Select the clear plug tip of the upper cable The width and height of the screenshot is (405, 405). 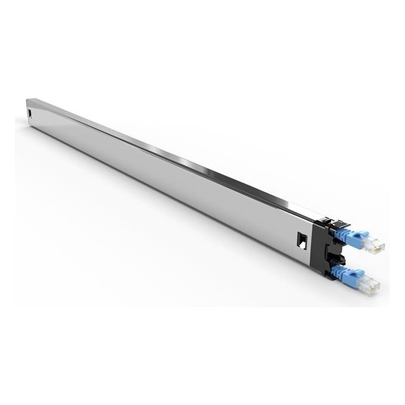376,246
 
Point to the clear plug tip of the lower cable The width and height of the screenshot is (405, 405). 372,286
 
